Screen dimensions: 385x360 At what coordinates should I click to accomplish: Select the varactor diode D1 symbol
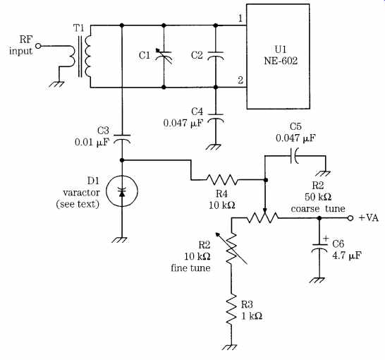(122, 191)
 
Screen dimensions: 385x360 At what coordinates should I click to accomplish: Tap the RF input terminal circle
(38, 46)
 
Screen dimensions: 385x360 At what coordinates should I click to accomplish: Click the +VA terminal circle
(350, 218)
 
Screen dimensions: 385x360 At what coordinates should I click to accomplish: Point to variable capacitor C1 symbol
(164, 56)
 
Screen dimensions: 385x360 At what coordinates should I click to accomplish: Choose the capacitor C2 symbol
(216, 56)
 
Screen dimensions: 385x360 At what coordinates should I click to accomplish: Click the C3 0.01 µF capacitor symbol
(122, 138)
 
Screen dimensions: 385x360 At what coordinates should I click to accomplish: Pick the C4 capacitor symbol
(216, 118)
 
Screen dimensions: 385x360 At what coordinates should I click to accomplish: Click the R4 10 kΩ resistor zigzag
(222, 180)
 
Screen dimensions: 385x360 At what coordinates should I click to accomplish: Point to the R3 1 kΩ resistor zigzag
(231, 309)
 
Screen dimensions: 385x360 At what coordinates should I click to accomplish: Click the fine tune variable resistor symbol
(231, 248)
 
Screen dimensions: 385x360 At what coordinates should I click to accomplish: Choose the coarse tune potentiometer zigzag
(262, 217)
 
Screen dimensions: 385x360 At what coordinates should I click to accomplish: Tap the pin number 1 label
(240, 18)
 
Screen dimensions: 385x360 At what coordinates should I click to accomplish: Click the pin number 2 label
(240, 80)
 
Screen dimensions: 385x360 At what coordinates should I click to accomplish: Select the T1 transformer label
(78, 28)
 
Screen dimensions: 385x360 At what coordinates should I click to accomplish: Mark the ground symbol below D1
(121, 240)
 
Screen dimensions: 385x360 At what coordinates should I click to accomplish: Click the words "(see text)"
(78, 204)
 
